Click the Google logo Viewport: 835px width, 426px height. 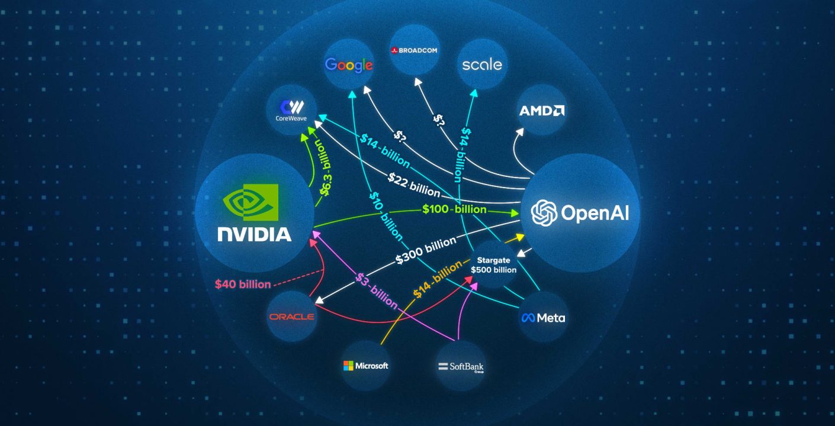tap(349, 65)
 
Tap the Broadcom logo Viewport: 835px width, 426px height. tap(414, 50)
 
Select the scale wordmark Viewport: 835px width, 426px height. tap(481, 64)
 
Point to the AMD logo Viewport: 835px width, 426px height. tap(541, 111)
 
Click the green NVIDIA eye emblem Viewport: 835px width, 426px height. tap(250, 202)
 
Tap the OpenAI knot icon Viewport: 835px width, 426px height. tap(544, 212)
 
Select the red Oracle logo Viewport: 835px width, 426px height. tap(291, 317)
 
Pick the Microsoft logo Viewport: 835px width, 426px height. tap(365, 366)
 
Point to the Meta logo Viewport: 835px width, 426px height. tap(543, 318)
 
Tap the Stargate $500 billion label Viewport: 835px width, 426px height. tap(493, 264)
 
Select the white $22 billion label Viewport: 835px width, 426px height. tap(415, 185)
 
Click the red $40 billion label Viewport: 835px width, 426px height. tap(243, 284)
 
